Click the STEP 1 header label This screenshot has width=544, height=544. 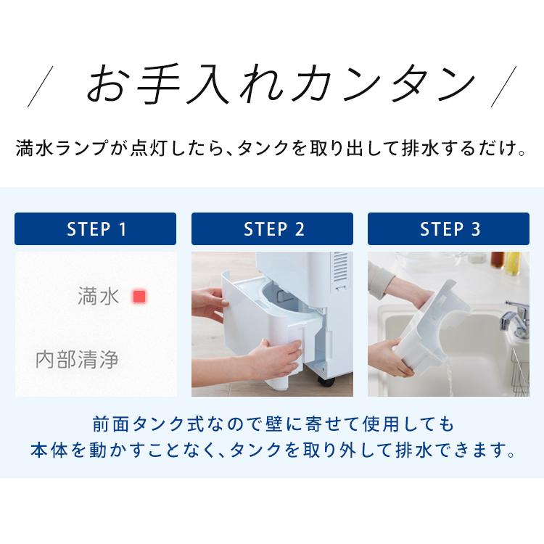tap(95, 229)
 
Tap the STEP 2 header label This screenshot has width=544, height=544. tap(272, 229)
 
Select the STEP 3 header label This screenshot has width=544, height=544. tap(449, 229)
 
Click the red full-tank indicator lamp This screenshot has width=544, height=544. tap(139, 297)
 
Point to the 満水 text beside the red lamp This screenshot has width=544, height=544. tap(97, 297)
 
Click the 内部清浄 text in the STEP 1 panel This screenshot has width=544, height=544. tap(77, 360)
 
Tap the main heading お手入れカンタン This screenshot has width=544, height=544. tap(279, 84)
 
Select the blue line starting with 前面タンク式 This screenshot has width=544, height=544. tap(272, 422)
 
